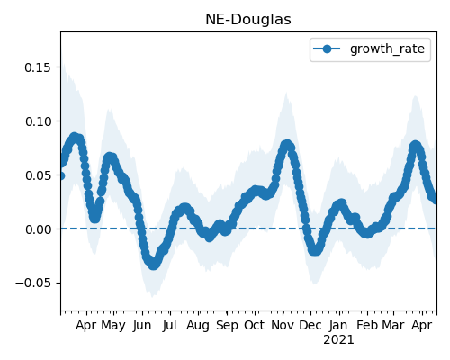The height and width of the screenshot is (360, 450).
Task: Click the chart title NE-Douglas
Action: click(x=248, y=20)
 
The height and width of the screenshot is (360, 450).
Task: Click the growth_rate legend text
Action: click(x=387, y=49)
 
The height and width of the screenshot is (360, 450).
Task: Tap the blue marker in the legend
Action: click(x=327, y=49)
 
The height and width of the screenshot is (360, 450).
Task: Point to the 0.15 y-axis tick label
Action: click(x=38, y=67)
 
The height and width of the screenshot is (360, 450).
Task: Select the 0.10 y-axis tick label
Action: click(x=38, y=121)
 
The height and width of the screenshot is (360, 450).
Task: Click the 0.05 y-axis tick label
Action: click(x=38, y=175)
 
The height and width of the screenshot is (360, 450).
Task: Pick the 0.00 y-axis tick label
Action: click(x=38, y=229)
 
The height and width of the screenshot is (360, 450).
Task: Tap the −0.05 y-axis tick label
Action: click(x=33, y=283)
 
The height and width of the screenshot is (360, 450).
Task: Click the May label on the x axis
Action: click(x=113, y=326)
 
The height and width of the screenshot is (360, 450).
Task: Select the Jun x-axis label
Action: click(x=142, y=326)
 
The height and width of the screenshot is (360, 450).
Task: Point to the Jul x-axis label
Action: click(x=169, y=326)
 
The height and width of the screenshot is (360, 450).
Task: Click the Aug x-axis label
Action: click(x=198, y=326)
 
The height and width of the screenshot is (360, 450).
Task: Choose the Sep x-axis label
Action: click(x=227, y=326)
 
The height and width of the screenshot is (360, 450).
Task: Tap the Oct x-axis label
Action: click(x=255, y=326)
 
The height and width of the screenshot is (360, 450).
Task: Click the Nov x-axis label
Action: click(x=283, y=326)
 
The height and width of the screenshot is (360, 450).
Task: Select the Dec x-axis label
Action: click(x=310, y=326)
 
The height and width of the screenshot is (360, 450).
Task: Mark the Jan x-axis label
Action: click(x=338, y=326)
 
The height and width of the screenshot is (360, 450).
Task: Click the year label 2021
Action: click(x=338, y=340)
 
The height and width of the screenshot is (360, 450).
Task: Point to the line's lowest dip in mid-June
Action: click(x=153, y=265)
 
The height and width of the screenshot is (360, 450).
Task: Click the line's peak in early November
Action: click(x=287, y=145)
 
